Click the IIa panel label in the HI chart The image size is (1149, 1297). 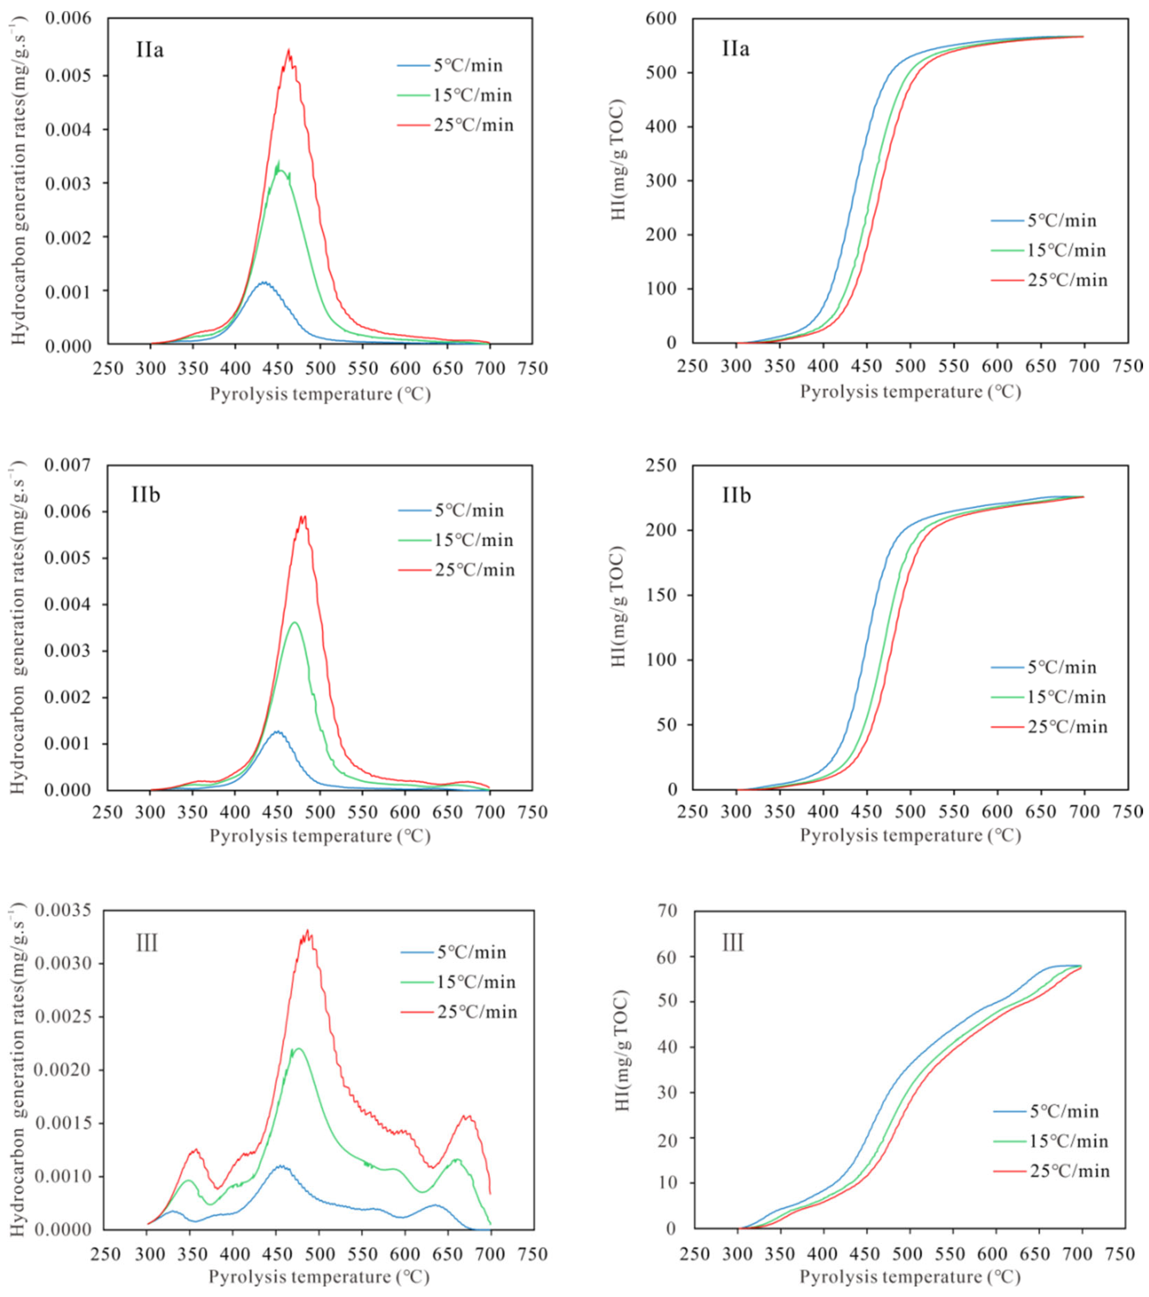tap(735, 49)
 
